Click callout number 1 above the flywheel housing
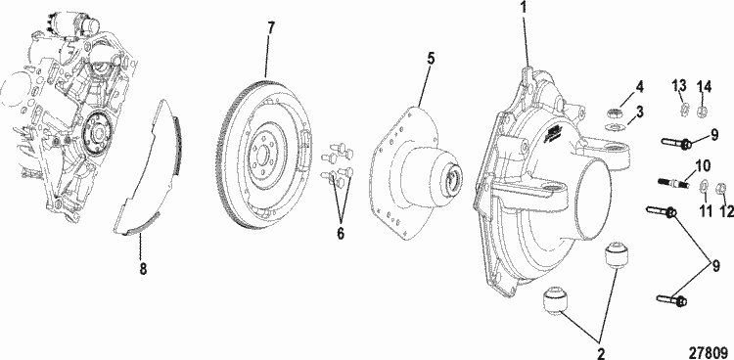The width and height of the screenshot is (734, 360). (524, 8)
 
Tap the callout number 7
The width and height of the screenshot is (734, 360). (271, 28)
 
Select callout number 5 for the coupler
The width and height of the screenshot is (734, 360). (431, 59)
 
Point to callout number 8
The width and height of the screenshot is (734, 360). (143, 269)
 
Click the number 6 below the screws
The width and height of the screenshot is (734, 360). (341, 233)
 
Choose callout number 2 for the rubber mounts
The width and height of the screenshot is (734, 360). (600, 351)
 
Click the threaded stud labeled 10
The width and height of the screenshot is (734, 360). (671, 182)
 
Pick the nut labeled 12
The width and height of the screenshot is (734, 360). (721, 189)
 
